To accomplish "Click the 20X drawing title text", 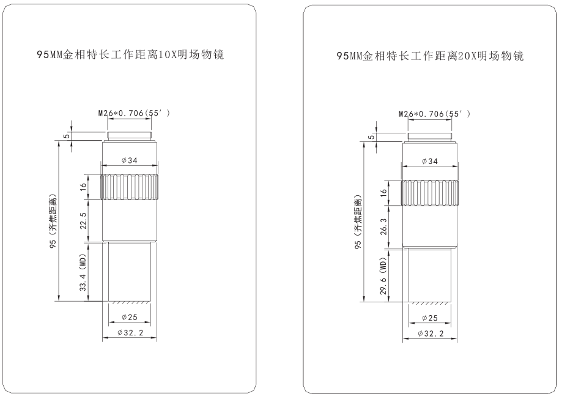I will pos(429,56).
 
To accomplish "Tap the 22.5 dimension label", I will pos(83,221).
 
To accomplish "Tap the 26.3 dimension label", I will pos(383,227).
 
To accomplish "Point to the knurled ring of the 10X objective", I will pos(130,187).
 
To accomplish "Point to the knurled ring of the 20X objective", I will pos(429,193).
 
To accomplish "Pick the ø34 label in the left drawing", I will pos(130,160).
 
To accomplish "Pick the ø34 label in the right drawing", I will pos(429,162).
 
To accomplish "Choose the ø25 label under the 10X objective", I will pos(130,318).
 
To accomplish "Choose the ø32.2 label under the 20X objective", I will pos(429,334).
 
